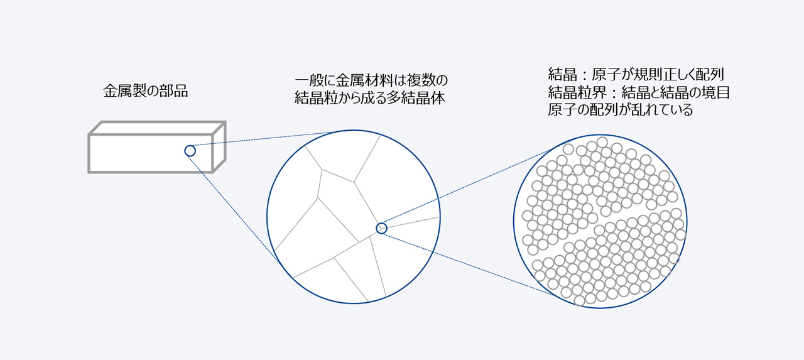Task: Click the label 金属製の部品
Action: [x=146, y=91]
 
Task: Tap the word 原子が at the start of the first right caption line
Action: [x=610, y=74]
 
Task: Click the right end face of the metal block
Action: [x=219, y=147]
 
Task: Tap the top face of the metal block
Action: [x=157, y=128]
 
